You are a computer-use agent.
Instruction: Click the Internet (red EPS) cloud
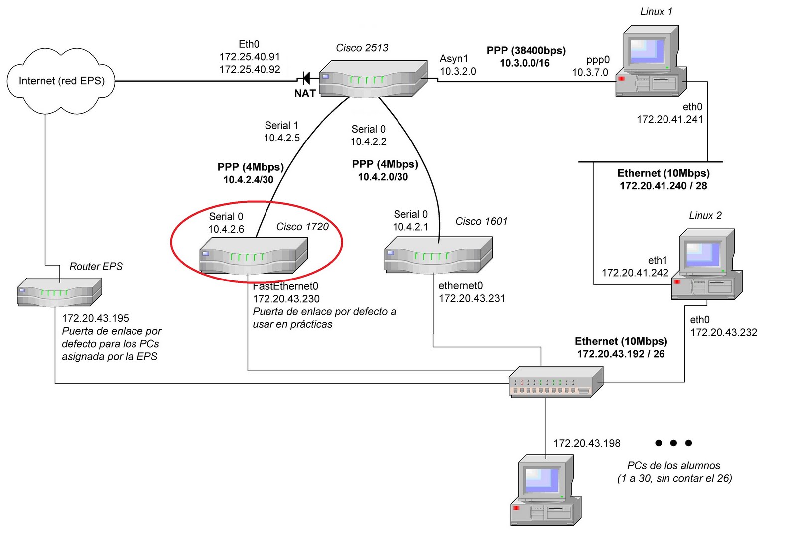click(x=61, y=81)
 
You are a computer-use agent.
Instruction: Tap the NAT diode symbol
click(x=306, y=78)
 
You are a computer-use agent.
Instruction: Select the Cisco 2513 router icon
click(x=373, y=79)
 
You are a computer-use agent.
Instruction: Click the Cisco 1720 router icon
click(x=254, y=256)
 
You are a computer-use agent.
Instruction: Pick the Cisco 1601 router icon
click(x=438, y=255)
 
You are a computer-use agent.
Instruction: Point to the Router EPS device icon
click(x=60, y=292)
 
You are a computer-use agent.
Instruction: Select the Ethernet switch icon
click(x=556, y=382)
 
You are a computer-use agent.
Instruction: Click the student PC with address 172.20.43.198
click(x=546, y=490)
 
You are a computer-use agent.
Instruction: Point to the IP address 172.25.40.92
click(x=250, y=69)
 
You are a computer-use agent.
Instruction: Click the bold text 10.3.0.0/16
click(x=525, y=63)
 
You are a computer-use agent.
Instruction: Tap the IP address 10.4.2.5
click(x=282, y=138)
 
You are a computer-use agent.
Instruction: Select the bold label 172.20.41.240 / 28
click(x=663, y=186)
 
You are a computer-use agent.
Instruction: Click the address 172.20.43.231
click(x=472, y=298)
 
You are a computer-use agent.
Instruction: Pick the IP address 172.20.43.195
click(x=95, y=318)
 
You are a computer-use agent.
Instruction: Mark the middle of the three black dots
click(x=673, y=443)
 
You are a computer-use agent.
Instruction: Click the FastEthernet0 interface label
click(x=285, y=286)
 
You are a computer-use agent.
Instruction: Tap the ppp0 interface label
click(x=598, y=60)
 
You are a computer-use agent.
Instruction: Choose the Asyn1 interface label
click(x=454, y=59)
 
